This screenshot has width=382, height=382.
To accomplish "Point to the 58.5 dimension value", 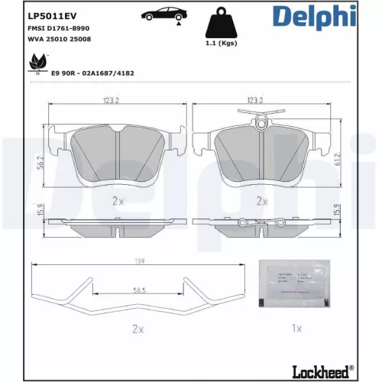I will pyautogui.click(x=138, y=291).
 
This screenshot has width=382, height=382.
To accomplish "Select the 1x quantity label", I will pyautogui.click(x=298, y=329).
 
